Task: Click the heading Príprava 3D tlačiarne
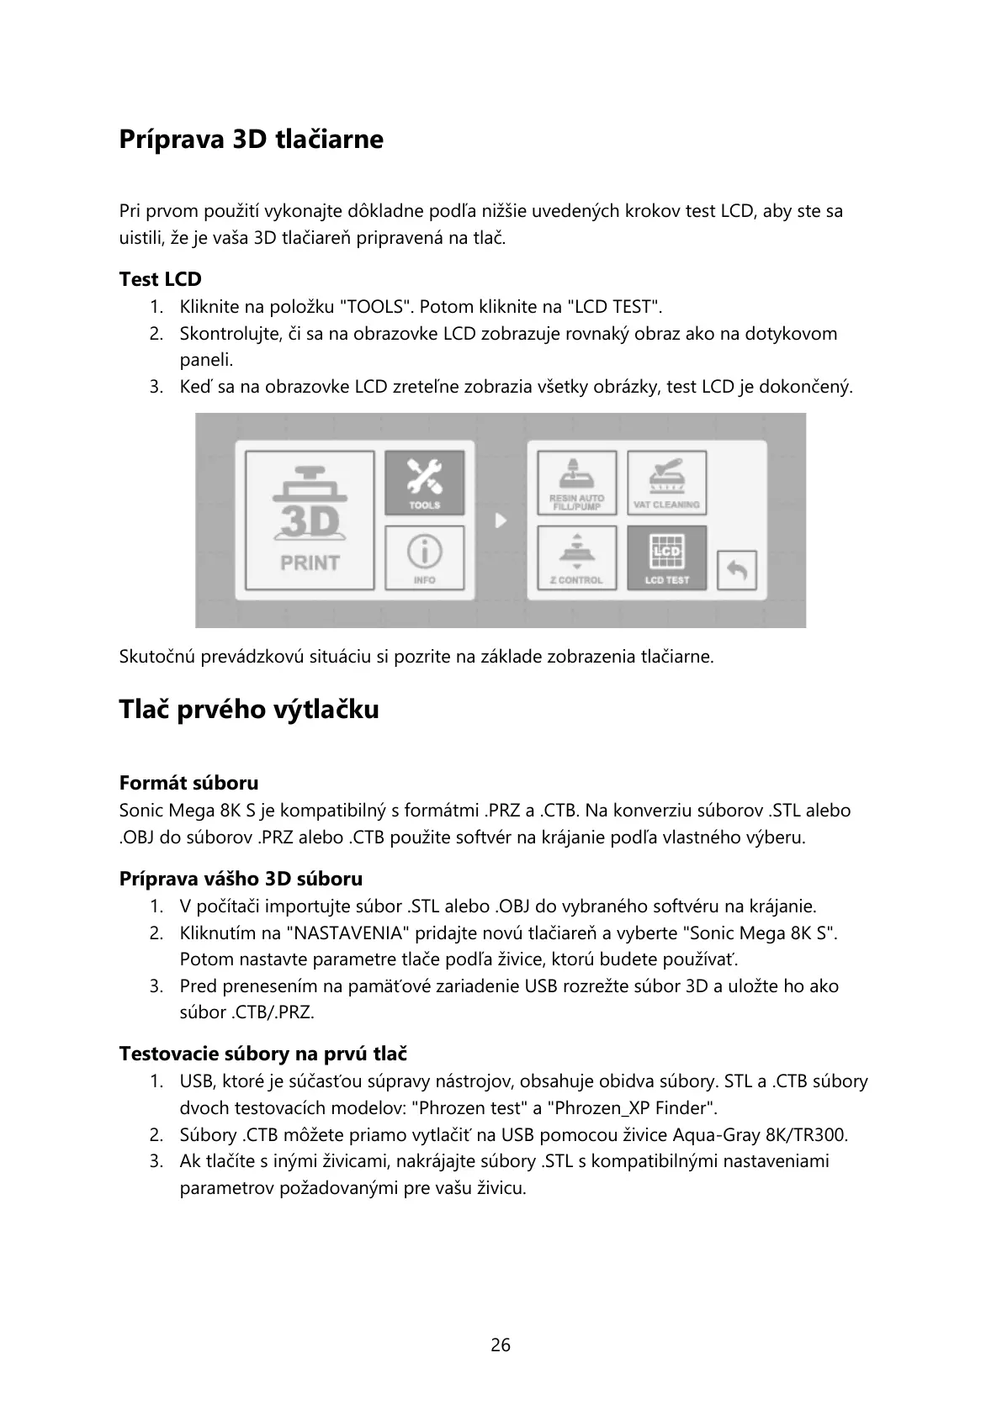click(x=251, y=139)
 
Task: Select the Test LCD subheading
click(x=160, y=279)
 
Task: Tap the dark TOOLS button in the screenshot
click(x=425, y=483)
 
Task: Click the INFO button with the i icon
click(x=425, y=557)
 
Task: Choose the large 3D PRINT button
click(x=310, y=520)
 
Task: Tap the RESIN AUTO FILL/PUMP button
click(x=577, y=483)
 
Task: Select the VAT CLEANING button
click(x=666, y=483)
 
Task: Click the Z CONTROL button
click(x=577, y=557)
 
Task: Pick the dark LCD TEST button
click(x=666, y=557)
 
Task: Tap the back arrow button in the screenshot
click(x=737, y=570)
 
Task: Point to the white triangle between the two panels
click(x=501, y=520)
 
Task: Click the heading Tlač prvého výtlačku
click(x=249, y=710)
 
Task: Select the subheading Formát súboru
click(x=188, y=783)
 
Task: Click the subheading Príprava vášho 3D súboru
click(x=241, y=879)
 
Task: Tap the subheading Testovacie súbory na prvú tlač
click(x=263, y=1054)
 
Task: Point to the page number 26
click(x=501, y=1345)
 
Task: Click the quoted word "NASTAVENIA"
click(x=353, y=933)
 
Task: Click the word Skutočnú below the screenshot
click(x=157, y=657)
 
